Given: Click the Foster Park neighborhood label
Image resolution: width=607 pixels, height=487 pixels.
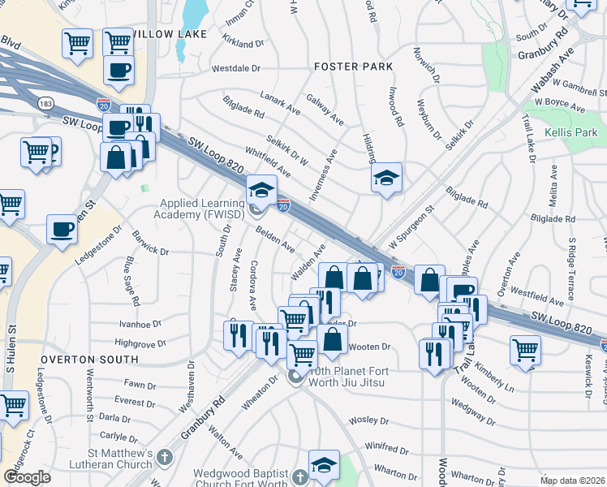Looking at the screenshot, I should pyautogui.click(x=353, y=66).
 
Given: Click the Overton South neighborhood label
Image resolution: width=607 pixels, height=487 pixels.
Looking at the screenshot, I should pyautogui.click(x=89, y=358).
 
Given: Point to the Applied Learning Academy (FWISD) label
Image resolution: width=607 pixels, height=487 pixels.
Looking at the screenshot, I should pyautogui.click(x=201, y=209).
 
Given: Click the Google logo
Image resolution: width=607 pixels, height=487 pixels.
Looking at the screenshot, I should pyautogui.click(x=27, y=476).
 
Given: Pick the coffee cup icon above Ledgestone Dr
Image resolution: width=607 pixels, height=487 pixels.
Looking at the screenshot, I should pyautogui.click(x=62, y=230).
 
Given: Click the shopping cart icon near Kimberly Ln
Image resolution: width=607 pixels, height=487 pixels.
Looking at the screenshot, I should pyautogui.click(x=525, y=351).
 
